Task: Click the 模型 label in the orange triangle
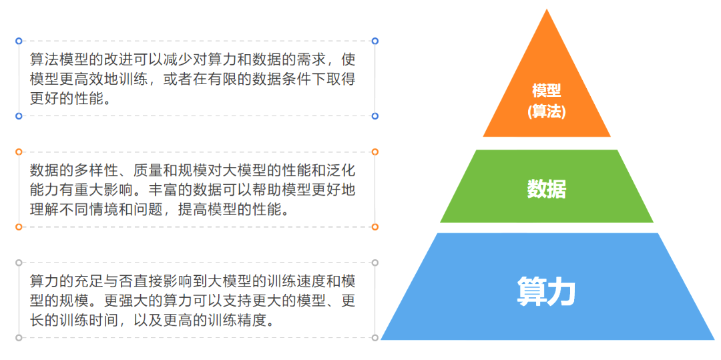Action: [x=546, y=91]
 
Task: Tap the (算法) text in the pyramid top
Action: [x=546, y=112]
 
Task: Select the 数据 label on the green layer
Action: [x=546, y=189]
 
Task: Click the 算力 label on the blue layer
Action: [x=546, y=291]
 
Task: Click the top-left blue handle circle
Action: [x=19, y=41]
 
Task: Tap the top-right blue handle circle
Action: [x=375, y=41]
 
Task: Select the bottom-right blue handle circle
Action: [x=375, y=116]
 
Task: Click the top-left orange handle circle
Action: [x=19, y=152]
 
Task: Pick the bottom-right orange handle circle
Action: [x=375, y=227]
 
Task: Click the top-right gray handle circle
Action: [x=375, y=262]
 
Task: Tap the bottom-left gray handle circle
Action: [x=19, y=338]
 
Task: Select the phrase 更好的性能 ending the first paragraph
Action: [x=69, y=98]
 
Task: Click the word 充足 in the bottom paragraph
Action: [x=94, y=281]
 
